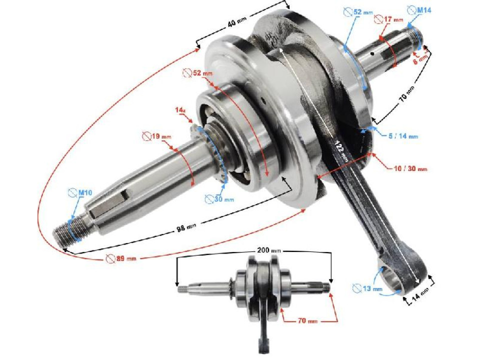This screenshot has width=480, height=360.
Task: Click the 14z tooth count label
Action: pos(181,108)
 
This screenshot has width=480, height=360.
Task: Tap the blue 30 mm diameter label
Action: pos(220,199)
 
